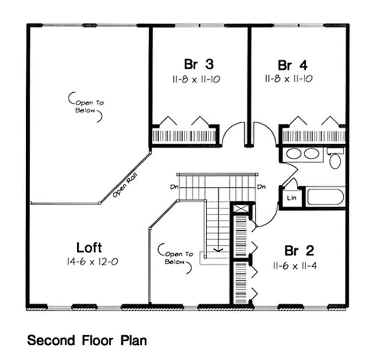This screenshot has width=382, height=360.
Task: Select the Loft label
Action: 89,247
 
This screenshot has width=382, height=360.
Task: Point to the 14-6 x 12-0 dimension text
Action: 89,262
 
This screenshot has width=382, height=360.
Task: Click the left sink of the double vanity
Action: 292,154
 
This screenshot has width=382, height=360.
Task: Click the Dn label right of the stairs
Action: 261,187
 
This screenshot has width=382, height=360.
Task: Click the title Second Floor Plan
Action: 87,340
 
